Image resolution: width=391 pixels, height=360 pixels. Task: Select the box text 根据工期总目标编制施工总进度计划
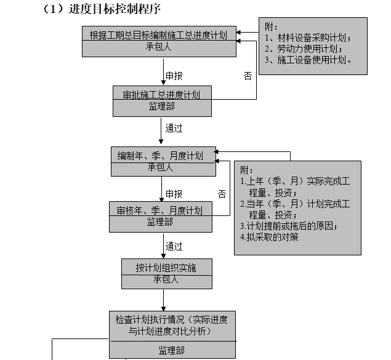coord(163,35)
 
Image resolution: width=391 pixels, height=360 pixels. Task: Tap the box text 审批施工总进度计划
coord(162,94)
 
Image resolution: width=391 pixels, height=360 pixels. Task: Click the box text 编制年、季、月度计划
coord(163,155)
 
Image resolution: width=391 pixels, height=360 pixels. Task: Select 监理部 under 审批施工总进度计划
coord(162,106)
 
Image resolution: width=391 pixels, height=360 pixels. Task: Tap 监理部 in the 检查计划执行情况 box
coord(171,350)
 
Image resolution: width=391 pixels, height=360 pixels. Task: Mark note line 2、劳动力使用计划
coord(304,49)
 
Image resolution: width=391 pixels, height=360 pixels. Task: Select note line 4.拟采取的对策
coord(269,237)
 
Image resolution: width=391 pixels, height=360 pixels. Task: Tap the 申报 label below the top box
coord(174,76)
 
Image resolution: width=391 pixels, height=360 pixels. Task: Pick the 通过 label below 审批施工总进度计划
coord(174,129)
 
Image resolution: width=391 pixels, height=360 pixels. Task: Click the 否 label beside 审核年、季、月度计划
coord(222,194)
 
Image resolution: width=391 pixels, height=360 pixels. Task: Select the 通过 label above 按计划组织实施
coord(174,246)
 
